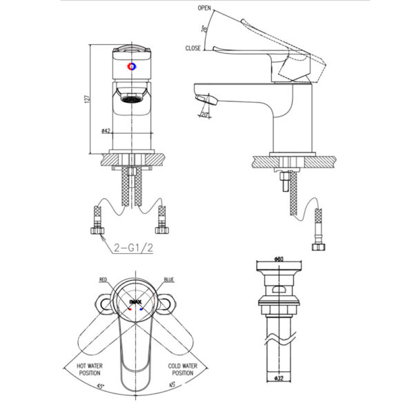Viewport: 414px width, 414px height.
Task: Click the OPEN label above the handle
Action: click(x=204, y=8)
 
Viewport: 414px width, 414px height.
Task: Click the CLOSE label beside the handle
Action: click(x=193, y=48)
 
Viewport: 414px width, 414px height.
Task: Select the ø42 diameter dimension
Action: click(x=106, y=130)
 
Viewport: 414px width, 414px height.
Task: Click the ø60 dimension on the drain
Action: click(x=279, y=259)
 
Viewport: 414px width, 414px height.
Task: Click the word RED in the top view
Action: click(x=103, y=279)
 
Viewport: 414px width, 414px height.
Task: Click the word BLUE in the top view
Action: click(x=169, y=279)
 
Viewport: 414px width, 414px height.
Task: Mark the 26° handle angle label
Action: click(x=205, y=29)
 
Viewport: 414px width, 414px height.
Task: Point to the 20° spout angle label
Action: click(x=206, y=115)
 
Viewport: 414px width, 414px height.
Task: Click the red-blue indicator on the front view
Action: click(x=133, y=68)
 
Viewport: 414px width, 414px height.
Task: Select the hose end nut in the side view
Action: click(x=318, y=246)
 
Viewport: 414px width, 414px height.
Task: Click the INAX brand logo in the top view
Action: click(x=135, y=301)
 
